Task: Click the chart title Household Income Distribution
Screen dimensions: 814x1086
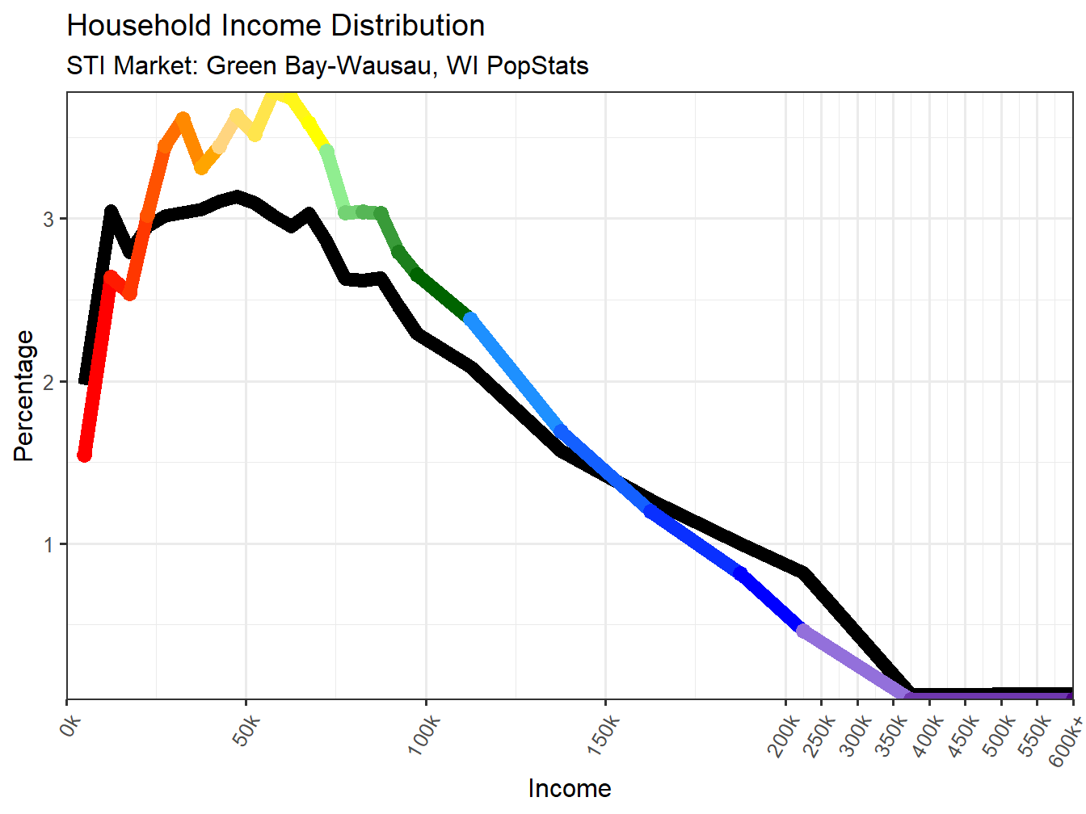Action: coord(276,26)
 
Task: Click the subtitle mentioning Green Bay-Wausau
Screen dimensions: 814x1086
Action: coord(327,65)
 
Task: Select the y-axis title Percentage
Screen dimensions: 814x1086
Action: coord(24,396)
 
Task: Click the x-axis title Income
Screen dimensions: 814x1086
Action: coord(570,788)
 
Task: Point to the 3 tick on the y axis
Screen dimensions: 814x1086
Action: coord(49,219)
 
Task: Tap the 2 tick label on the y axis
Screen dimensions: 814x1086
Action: coord(49,382)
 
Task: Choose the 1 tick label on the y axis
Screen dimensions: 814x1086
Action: coord(49,544)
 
